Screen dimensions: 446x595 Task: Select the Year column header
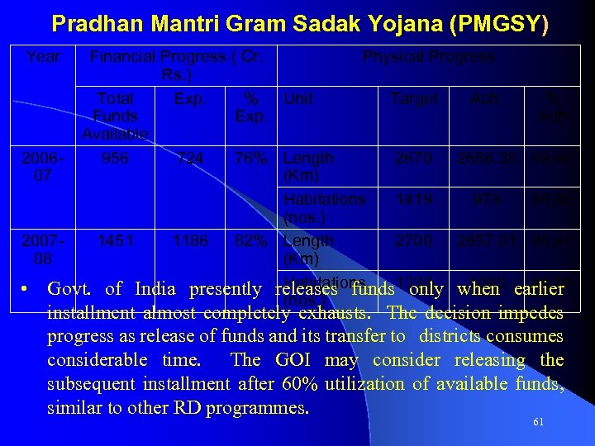point(42,57)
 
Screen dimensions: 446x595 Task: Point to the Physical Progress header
point(428,57)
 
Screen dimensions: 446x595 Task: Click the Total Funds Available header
point(115,116)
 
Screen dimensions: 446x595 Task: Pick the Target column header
point(414,99)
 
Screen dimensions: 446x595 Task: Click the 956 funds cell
point(115,158)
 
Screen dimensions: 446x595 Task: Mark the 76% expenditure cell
point(250,158)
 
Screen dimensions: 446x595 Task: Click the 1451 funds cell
point(115,241)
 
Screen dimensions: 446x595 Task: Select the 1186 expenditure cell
point(190,241)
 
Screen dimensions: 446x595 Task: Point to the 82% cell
point(250,241)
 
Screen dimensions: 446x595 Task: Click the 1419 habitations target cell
point(411,199)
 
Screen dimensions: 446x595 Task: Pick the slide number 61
point(538,422)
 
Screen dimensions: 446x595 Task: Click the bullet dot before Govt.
point(26,289)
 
